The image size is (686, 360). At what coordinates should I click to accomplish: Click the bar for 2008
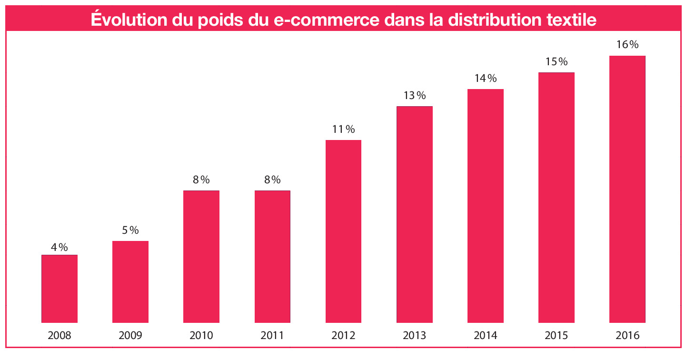click(x=60, y=289)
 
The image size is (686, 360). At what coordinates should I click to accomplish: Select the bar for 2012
click(x=343, y=231)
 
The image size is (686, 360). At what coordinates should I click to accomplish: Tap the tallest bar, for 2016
click(x=627, y=189)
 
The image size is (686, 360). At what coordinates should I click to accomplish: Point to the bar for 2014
click(x=485, y=206)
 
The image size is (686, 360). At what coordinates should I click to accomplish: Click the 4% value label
click(x=60, y=247)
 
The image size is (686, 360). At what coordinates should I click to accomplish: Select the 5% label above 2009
click(x=130, y=230)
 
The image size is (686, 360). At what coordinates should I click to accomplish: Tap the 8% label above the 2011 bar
click(x=272, y=180)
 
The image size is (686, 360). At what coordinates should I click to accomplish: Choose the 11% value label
click(x=343, y=130)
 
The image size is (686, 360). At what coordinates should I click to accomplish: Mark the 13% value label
click(x=414, y=96)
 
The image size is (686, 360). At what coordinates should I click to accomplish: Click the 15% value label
click(x=556, y=62)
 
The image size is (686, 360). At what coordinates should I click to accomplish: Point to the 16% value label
click(x=627, y=45)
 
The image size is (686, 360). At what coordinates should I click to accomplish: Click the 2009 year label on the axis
click(x=130, y=336)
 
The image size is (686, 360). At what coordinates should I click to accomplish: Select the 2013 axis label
click(x=414, y=336)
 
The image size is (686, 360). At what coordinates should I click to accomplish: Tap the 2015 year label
click(x=556, y=336)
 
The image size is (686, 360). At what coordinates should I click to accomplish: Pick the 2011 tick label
click(x=272, y=336)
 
